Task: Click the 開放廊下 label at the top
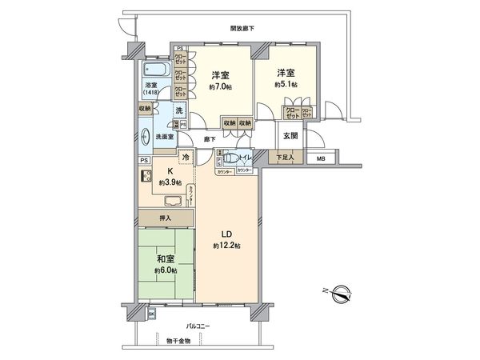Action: (x=242, y=28)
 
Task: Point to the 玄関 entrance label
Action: (x=289, y=135)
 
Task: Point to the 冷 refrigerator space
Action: (x=186, y=158)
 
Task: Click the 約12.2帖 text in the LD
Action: (x=229, y=244)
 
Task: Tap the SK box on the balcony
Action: (x=151, y=314)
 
